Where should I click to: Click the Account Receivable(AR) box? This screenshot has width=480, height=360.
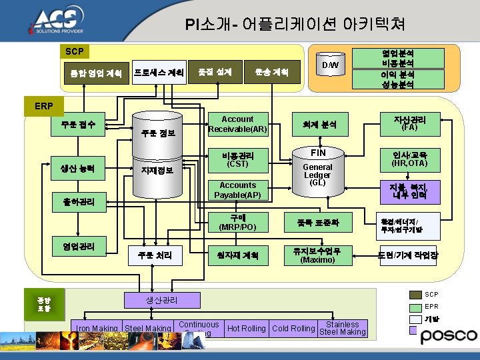(237, 124)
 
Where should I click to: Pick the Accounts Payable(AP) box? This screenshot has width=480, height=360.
(237, 190)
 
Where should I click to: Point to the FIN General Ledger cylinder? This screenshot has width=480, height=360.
(317, 171)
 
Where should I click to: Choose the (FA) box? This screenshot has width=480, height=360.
(409, 123)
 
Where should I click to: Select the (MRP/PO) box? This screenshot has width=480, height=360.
(237, 223)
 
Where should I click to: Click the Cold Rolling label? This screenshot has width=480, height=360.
(294, 328)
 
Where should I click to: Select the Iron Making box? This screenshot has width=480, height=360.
(97, 328)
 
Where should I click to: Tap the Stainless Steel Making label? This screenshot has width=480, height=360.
(343, 328)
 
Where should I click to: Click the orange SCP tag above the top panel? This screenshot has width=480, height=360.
(75, 51)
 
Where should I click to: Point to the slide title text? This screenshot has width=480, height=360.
(295, 25)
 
